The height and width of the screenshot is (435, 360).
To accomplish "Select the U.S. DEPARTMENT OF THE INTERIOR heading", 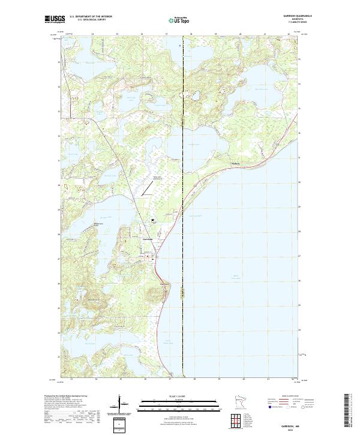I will tap(91, 17).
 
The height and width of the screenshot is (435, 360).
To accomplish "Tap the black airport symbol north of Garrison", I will tap(154, 220).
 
